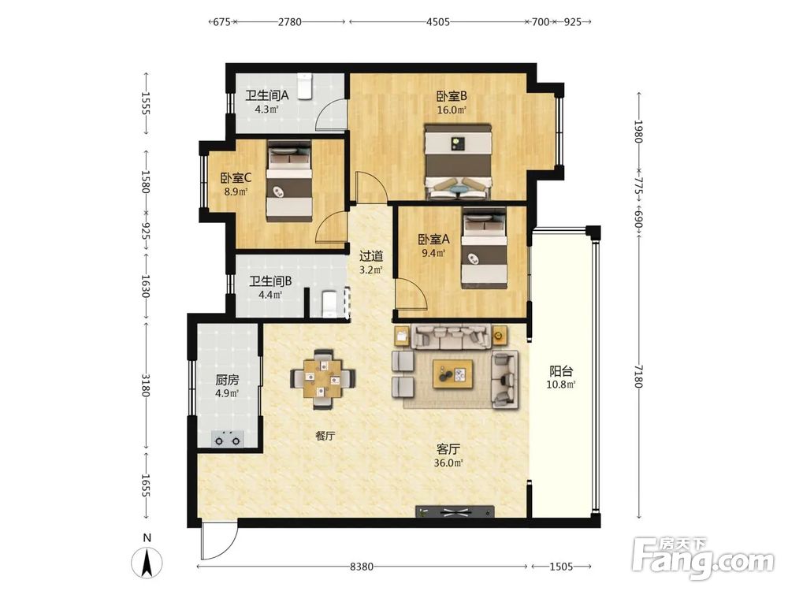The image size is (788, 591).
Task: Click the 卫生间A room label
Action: tap(267, 95)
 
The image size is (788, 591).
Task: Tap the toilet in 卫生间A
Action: tap(305, 86)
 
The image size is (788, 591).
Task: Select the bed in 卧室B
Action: tap(457, 162)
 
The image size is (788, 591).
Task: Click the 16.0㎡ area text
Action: tap(452, 110)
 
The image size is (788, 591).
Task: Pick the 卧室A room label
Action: tap(433, 240)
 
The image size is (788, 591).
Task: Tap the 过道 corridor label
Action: tap(371, 256)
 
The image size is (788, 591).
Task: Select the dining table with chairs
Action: tap(322, 378)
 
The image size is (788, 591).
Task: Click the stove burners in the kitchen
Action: tap(228, 439)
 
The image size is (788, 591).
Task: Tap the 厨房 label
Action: tap(227, 380)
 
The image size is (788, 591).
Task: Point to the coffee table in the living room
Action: tap(453, 374)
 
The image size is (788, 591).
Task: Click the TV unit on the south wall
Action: tap(455, 511)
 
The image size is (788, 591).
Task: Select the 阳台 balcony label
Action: tap(561, 371)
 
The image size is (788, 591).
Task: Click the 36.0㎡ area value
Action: tap(448, 463)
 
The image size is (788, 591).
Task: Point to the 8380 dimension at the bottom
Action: tap(362, 567)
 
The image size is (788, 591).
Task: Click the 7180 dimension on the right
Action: tap(639, 377)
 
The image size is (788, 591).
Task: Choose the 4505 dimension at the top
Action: tap(437, 21)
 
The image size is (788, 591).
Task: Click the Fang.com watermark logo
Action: tap(704, 558)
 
